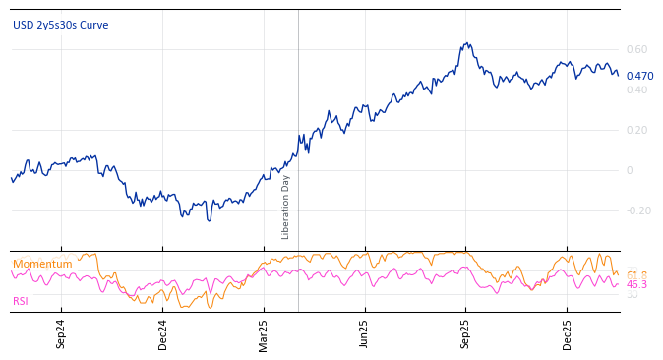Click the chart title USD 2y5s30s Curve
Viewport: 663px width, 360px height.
pyautogui.click(x=61, y=25)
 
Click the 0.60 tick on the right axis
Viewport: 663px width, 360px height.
pyautogui.click(x=636, y=49)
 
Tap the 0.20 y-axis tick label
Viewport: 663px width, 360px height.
pyautogui.click(x=636, y=130)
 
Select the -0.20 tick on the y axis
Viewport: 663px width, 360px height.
pyautogui.click(x=638, y=210)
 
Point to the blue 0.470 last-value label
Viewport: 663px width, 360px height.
pyautogui.click(x=639, y=76)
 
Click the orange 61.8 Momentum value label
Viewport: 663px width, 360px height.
pyautogui.click(x=637, y=275)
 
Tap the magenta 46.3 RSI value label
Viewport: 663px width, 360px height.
pyautogui.click(x=637, y=285)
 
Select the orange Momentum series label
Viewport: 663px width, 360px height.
pyautogui.click(x=42, y=264)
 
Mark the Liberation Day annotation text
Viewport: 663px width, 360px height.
pyautogui.click(x=286, y=207)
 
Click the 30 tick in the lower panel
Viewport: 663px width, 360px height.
pyautogui.click(x=632, y=295)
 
